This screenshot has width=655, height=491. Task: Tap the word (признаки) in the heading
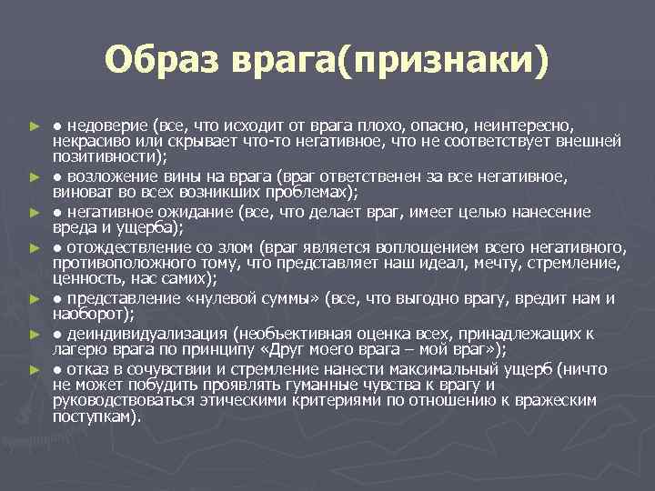(444, 61)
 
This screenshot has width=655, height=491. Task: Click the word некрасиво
(91, 140)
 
